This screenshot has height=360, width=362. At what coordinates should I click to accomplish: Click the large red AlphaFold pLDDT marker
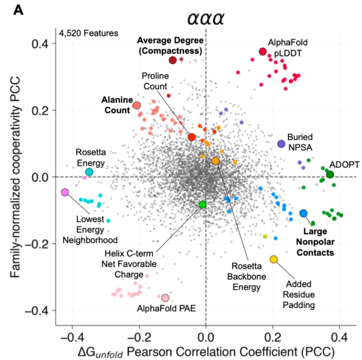click(263, 52)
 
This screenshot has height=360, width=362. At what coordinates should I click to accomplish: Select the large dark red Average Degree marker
click(173, 60)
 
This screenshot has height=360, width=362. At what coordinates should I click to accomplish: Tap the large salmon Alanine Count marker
click(137, 105)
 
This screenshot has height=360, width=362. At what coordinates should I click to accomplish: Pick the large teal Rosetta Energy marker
click(89, 172)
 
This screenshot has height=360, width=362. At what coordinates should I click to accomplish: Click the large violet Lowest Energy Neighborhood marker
click(65, 192)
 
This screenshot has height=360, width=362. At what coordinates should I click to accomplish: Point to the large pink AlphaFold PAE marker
click(165, 298)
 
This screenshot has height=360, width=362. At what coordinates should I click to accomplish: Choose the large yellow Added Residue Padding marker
click(273, 259)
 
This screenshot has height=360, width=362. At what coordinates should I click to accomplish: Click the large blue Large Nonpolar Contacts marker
click(303, 213)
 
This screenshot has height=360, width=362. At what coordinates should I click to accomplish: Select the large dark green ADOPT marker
click(330, 175)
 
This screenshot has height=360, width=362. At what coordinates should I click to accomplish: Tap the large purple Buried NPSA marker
click(281, 143)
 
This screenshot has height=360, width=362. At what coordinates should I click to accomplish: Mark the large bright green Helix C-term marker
click(203, 204)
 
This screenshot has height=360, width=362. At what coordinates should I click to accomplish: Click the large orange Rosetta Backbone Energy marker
click(215, 161)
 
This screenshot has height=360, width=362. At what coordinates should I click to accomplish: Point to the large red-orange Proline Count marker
click(192, 137)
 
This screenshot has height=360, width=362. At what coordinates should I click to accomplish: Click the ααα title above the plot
click(206, 18)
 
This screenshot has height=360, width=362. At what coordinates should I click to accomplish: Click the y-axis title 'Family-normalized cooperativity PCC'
click(15, 177)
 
